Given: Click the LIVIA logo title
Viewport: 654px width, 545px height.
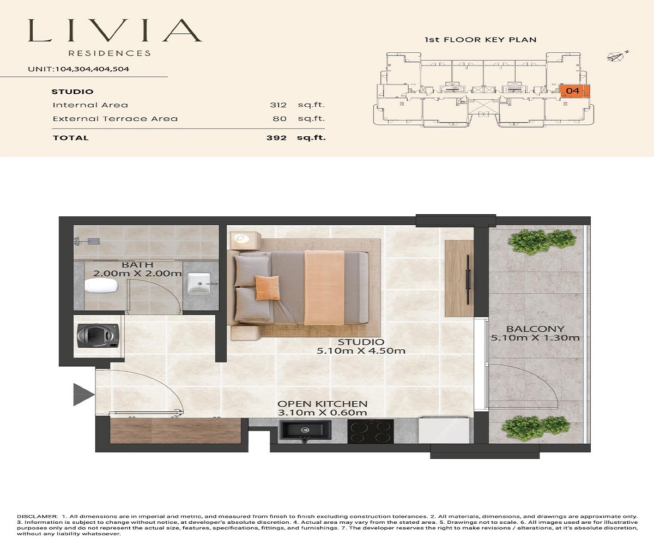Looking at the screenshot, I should click(x=115, y=31).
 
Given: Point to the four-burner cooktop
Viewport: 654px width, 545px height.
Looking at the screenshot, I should click(x=370, y=431).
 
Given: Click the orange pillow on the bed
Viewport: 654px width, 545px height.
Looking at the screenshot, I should click(x=267, y=287).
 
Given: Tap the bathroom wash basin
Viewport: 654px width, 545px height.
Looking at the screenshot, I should click(x=196, y=283).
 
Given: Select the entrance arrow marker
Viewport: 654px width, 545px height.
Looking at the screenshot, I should click(x=83, y=394).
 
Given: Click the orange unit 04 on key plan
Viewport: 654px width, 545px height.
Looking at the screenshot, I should click(x=573, y=91).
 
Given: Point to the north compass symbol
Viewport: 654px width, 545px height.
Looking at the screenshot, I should click(x=616, y=56).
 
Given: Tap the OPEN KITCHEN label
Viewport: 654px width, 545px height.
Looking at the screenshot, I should click(x=322, y=404).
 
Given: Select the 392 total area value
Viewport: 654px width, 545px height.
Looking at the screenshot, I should click(x=277, y=138).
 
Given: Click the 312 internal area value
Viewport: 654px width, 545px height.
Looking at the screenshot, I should click(x=278, y=105).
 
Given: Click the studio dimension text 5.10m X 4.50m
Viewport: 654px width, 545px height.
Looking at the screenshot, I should click(x=361, y=351).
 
